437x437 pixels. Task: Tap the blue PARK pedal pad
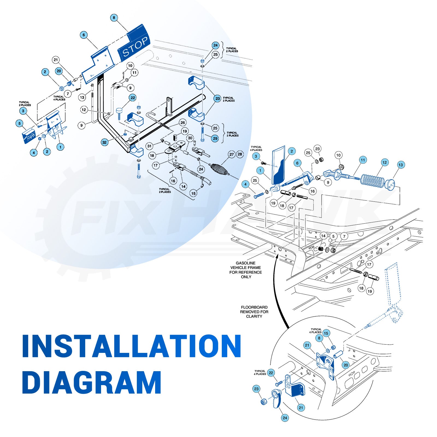coord(29,136)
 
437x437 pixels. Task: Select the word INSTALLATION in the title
coord(131,345)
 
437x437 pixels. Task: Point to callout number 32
coord(105,142)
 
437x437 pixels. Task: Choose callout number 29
coord(215,138)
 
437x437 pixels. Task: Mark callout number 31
coord(149,146)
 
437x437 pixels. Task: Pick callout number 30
coord(190,138)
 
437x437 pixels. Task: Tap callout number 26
coord(183,123)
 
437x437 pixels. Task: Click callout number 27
coord(232,154)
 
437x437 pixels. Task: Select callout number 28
coord(240,154)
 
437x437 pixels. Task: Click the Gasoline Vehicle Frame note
coord(246,270)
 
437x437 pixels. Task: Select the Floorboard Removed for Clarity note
coord(254,312)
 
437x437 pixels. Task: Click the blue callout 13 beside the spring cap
coord(401,165)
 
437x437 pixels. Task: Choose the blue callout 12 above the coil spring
coord(385,163)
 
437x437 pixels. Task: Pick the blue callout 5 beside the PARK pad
coord(19,123)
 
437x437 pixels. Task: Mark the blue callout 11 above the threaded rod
coord(363,160)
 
